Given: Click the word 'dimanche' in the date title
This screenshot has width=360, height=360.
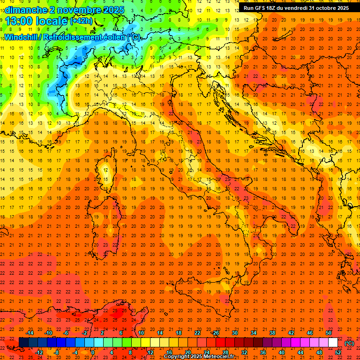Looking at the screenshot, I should (25, 10).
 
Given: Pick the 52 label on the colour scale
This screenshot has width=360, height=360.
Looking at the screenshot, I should (338, 352).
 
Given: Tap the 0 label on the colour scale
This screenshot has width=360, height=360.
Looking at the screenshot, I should (93, 352).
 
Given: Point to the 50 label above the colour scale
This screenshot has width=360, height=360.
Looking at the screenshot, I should (329, 333).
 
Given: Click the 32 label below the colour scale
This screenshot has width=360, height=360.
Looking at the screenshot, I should (244, 352).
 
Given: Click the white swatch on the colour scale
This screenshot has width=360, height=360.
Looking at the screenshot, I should (333, 343).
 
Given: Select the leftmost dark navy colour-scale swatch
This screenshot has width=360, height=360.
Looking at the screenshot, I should (23, 343).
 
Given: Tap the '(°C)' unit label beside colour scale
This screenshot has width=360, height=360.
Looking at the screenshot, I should (349, 343).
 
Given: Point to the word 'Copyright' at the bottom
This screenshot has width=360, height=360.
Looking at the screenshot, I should (177, 357).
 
